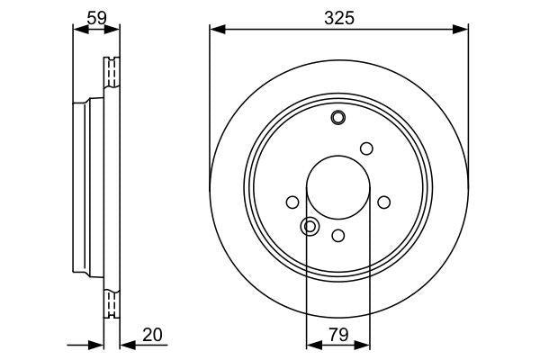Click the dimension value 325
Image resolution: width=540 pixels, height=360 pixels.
pyautogui.click(x=338, y=15)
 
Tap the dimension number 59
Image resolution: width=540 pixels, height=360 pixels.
pyautogui.click(x=94, y=15)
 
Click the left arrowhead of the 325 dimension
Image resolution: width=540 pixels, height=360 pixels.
pyautogui.click(x=215, y=30)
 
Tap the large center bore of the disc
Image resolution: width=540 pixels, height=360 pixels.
pyautogui.click(x=338, y=190)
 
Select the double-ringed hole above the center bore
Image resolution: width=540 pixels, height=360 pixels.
pyautogui.click(x=338, y=117)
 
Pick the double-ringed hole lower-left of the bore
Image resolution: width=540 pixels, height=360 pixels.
pyautogui.click(x=309, y=226)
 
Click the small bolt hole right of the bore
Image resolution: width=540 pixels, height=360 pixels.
pyautogui.click(x=384, y=202)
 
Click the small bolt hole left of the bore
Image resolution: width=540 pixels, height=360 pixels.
pyautogui.click(x=292, y=203)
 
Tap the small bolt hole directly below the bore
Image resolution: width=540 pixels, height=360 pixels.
pyautogui.click(x=338, y=235)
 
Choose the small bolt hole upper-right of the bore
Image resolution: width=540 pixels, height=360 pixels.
pyautogui.click(x=366, y=148)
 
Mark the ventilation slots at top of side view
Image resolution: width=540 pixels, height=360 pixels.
pyautogui.click(x=112, y=70)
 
